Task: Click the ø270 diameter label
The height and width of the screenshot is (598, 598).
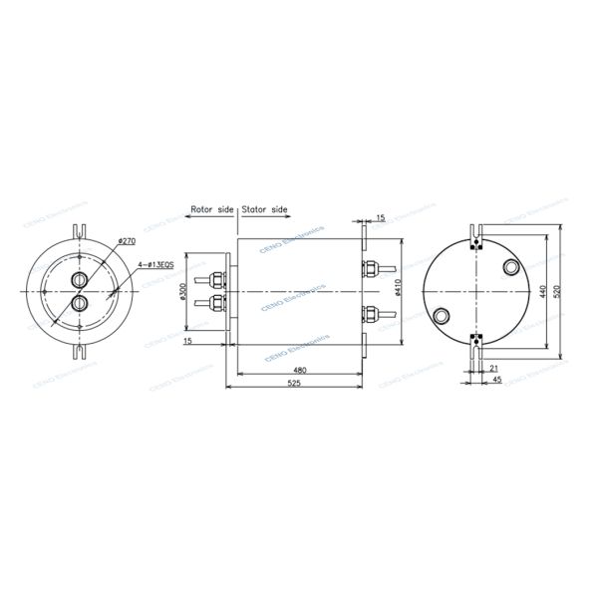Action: (128, 242)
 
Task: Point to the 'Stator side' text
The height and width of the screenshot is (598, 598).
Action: (265, 211)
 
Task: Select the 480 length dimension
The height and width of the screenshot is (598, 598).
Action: (298, 370)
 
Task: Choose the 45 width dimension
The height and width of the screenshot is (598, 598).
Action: (494, 380)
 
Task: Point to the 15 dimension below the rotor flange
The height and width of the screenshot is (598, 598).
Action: (189, 342)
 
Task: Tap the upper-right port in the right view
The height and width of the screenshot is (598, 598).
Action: (510, 267)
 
